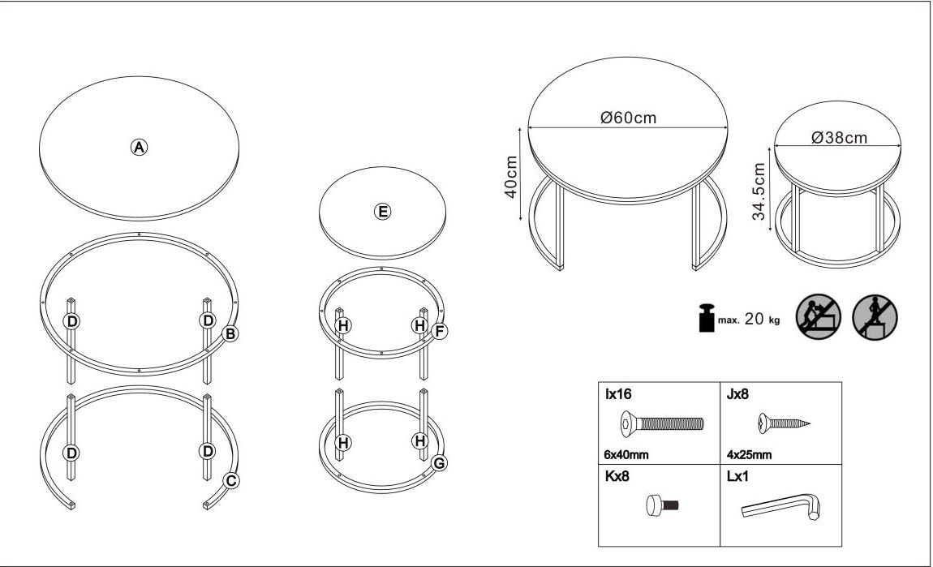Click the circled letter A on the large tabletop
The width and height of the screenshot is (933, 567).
[139, 147]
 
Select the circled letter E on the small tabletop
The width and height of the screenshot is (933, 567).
[383, 211]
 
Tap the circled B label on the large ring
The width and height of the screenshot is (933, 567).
[230, 333]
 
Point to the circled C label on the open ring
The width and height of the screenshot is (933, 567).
[231, 480]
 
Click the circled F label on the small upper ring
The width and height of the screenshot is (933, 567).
[439, 331]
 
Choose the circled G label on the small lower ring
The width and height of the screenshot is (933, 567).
[439, 463]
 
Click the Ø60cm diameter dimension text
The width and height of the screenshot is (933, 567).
[628, 117]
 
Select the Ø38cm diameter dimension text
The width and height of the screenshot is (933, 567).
[839, 137]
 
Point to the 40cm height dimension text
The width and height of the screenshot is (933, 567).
[510, 177]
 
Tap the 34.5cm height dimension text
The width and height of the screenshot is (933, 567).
[759, 191]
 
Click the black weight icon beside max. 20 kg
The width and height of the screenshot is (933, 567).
[707, 318]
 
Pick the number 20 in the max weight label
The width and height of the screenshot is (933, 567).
[754, 319]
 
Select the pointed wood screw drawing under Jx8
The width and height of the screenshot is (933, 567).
[784, 423]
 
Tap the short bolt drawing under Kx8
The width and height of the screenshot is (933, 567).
[662, 505]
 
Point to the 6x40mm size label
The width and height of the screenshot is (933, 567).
[626, 455]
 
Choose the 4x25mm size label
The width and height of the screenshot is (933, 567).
[749, 455]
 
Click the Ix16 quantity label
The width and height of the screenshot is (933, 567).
[618, 394]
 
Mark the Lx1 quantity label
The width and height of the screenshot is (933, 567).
[737, 477]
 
